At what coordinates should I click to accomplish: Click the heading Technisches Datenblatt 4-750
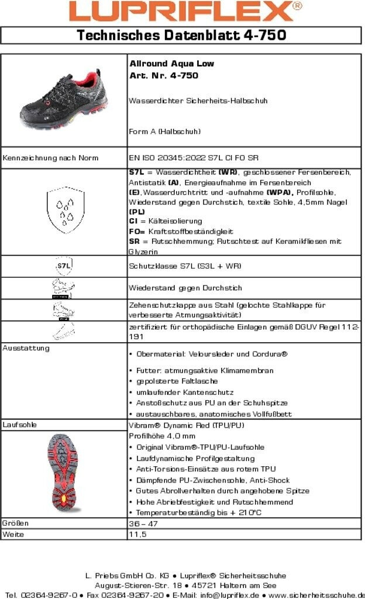tap(182, 36)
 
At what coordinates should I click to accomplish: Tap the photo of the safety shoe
tap(64, 99)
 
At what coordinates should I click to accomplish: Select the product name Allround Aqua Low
tap(171, 64)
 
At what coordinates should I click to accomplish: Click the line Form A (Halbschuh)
tap(164, 132)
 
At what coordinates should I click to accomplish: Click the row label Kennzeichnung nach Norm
tap(51, 158)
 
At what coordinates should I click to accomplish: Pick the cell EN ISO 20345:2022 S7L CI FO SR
tap(194, 158)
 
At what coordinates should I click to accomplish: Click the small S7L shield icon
tap(64, 266)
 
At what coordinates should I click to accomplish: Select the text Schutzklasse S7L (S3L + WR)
tap(184, 266)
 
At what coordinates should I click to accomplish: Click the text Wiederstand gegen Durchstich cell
tap(185, 288)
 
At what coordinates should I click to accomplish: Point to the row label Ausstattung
tap(26, 348)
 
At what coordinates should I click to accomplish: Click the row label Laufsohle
tap(20, 425)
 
